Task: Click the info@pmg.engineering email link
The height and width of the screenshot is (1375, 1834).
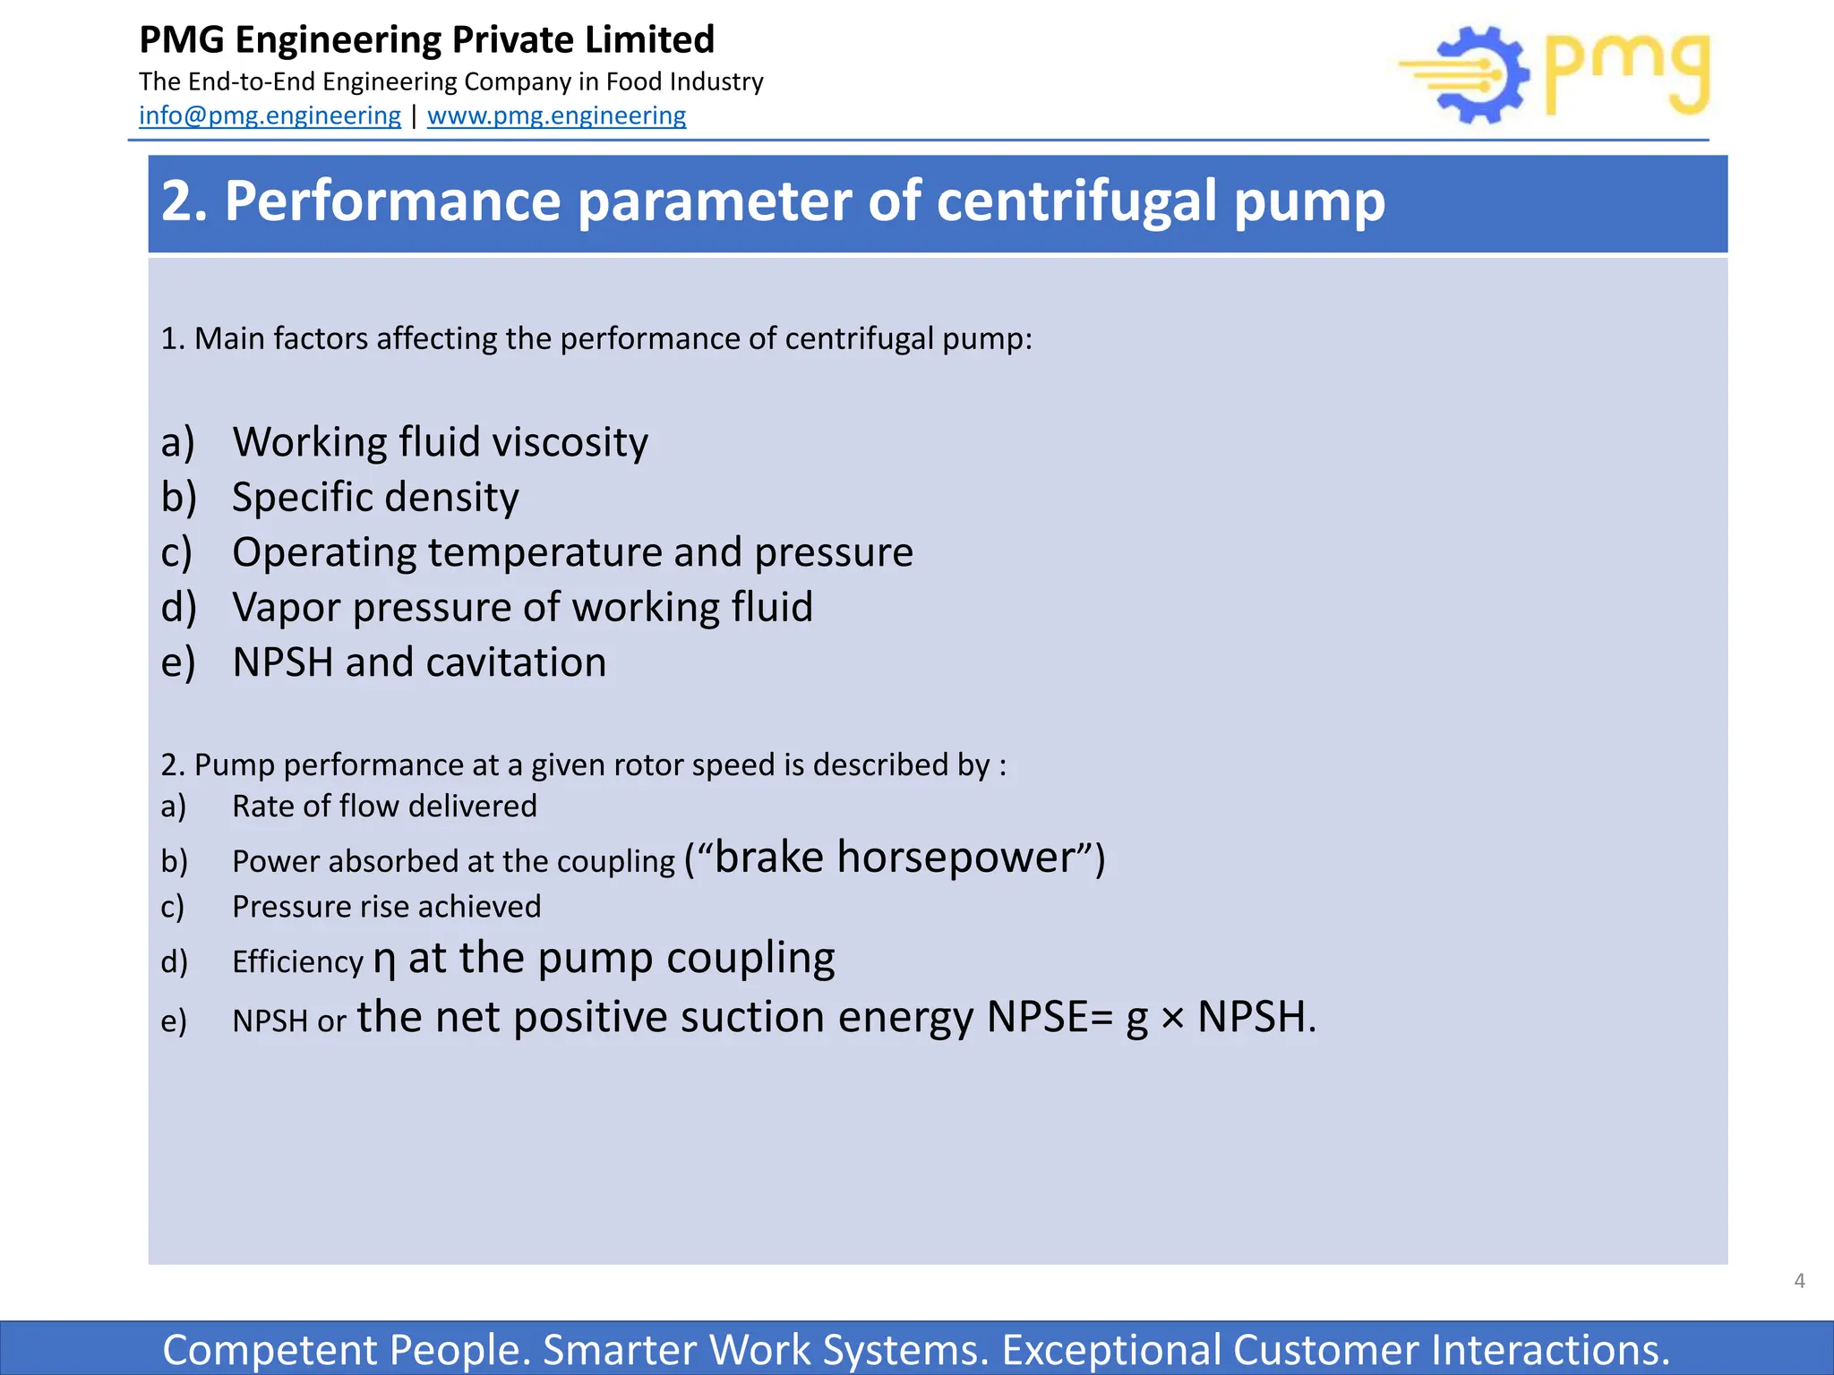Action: [x=270, y=115]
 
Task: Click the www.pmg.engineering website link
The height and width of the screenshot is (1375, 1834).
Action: [x=556, y=115]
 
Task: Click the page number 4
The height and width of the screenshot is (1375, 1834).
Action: [x=1799, y=1281]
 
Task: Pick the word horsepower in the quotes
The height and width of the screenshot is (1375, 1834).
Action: [x=956, y=858]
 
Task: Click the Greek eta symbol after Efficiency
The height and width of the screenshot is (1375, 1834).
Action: [x=384, y=961]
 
